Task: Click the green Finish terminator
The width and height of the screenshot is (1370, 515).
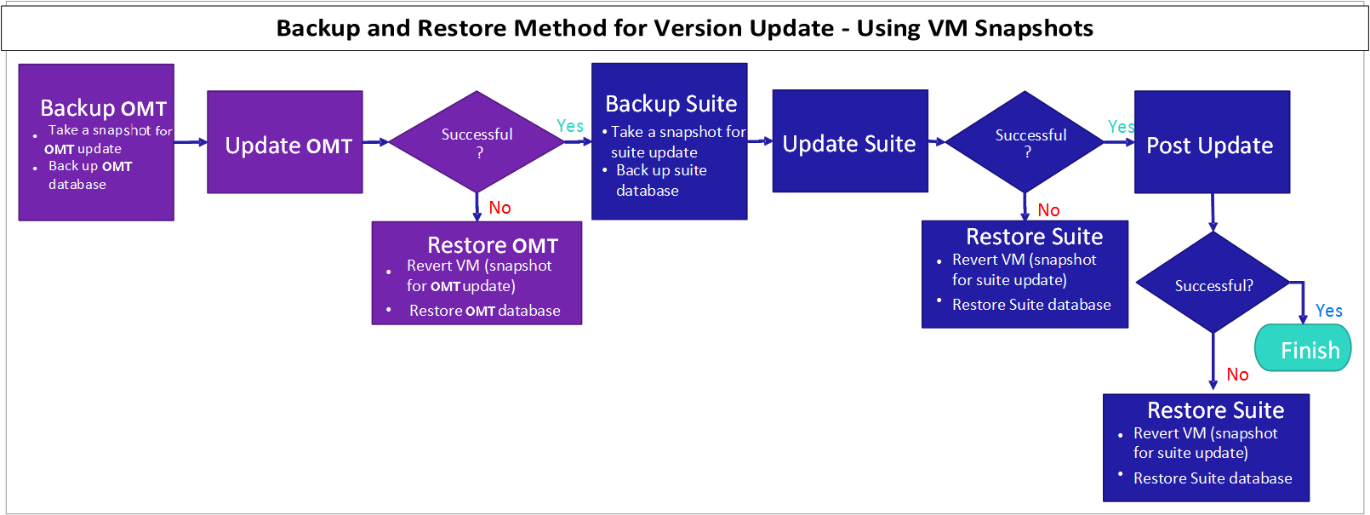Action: [x=1303, y=349]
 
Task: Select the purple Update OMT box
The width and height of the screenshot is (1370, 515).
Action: [x=285, y=142]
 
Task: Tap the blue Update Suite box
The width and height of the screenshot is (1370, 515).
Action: [x=849, y=141]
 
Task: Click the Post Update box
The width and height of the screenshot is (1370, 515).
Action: [x=1211, y=143]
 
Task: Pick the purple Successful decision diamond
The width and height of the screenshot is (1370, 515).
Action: [x=477, y=141]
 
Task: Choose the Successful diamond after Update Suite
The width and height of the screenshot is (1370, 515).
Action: [x=1026, y=142]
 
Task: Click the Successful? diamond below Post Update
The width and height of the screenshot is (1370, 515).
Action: [x=1213, y=283]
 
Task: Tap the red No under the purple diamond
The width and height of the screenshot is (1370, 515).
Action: [x=499, y=208]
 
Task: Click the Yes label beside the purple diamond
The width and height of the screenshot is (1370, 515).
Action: [x=570, y=126]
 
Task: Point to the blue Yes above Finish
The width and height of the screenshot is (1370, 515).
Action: [x=1328, y=311]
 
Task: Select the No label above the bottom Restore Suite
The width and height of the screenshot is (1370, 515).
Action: [x=1237, y=375]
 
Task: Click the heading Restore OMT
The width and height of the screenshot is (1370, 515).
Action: [x=492, y=245]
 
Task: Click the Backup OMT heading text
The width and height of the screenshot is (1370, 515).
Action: [x=103, y=108]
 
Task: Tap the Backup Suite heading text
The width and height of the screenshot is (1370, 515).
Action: [x=671, y=104]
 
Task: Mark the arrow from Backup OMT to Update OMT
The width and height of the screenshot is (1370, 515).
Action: [x=191, y=142]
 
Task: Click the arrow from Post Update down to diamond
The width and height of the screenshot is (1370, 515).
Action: [x=1213, y=213]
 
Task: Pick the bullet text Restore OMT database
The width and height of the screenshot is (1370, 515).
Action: [x=484, y=311]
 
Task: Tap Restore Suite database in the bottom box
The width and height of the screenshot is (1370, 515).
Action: [x=1212, y=478]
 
